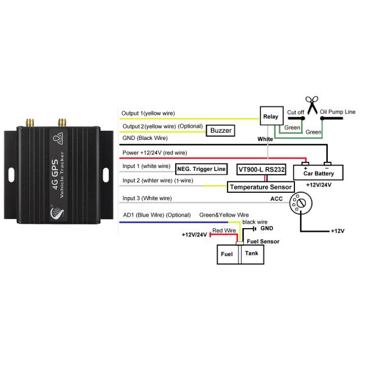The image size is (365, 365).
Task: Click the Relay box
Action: click(x=269, y=117)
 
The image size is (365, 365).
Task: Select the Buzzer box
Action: click(x=221, y=130)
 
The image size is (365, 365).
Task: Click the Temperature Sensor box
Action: click(x=260, y=187)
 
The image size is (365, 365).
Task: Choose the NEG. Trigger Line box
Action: click(x=200, y=169)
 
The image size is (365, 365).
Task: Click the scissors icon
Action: click(x=313, y=105)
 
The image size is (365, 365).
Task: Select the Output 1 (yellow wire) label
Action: click(x=150, y=113)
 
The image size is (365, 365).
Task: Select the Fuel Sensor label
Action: click(x=262, y=242)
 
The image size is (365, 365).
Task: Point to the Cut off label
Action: click(x=295, y=113)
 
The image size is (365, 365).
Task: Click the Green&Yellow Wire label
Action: click(x=224, y=215)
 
